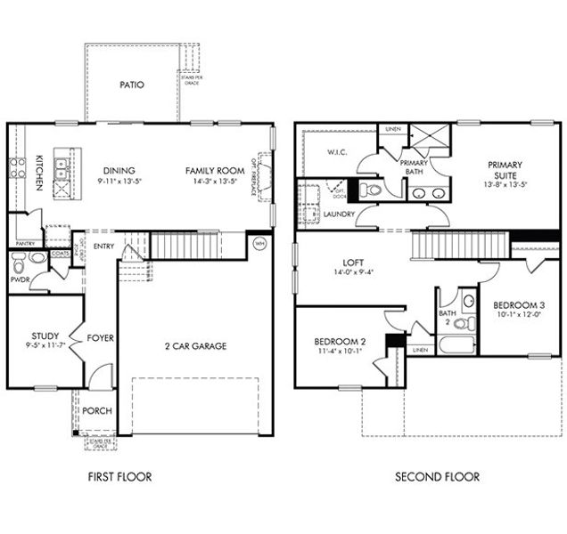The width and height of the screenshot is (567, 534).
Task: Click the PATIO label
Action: (132, 85)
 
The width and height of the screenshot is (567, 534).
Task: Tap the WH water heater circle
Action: (259, 242)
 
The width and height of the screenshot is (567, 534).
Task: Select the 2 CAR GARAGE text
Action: (195, 345)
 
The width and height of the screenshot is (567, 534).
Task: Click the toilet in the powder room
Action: (37, 259)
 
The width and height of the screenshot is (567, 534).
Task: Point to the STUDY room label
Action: (45, 336)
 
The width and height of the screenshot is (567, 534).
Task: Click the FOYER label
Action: (98, 338)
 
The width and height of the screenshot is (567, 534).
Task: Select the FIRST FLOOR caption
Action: (119, 477)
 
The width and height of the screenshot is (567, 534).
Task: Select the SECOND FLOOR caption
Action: (437, 477)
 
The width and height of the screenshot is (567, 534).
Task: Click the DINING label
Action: (118, 171)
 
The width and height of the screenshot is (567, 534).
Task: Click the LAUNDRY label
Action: (340, 214)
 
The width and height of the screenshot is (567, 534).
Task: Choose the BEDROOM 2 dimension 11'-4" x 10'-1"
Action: (340, 352)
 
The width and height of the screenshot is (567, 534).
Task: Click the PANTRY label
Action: (24, 242)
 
